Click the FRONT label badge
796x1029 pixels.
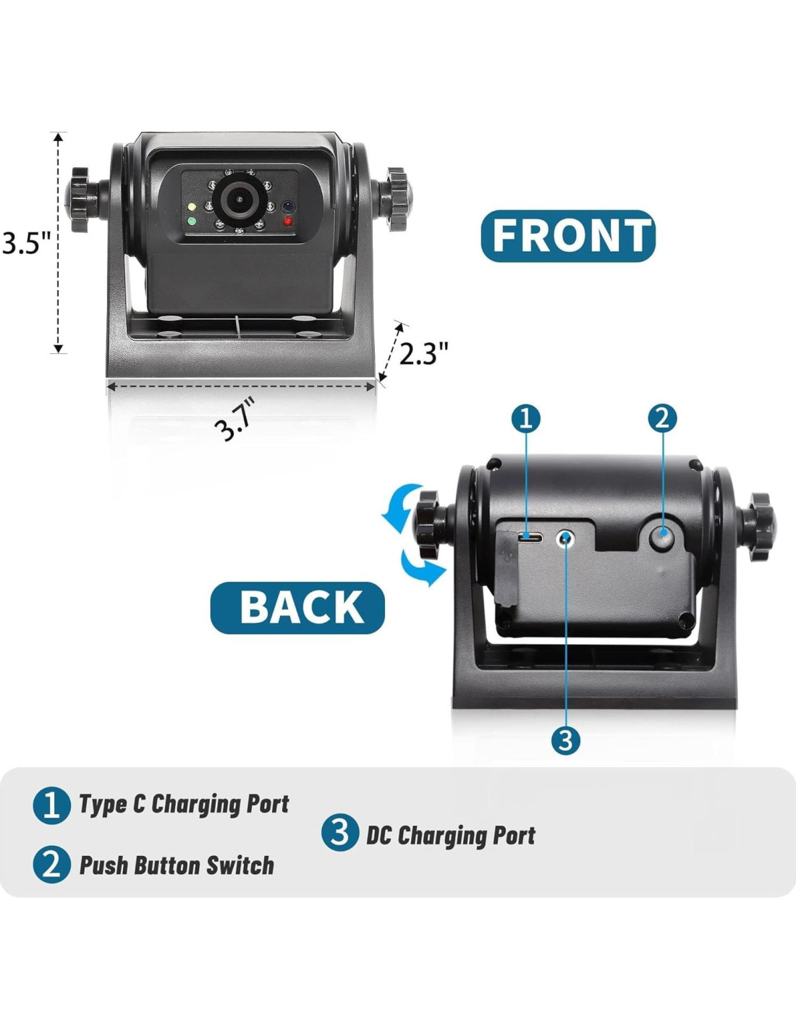[568, 236]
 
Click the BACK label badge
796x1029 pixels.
[297, 607]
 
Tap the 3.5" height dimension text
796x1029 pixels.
[27, 242]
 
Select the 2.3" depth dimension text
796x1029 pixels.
[424, 353]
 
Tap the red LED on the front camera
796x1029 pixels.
[288, 221]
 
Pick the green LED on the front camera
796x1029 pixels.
[192, 221]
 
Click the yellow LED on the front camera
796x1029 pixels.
[192, 208]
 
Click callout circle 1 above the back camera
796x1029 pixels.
[526, 418]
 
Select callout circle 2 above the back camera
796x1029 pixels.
[662, 418]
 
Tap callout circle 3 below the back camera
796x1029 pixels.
[565, 740]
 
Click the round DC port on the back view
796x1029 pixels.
[565, 538]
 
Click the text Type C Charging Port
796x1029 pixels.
[184, 804]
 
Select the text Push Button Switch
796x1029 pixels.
[177, 865]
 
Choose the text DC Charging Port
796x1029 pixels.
[450, 835]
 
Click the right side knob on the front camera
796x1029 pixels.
[396, 199]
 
